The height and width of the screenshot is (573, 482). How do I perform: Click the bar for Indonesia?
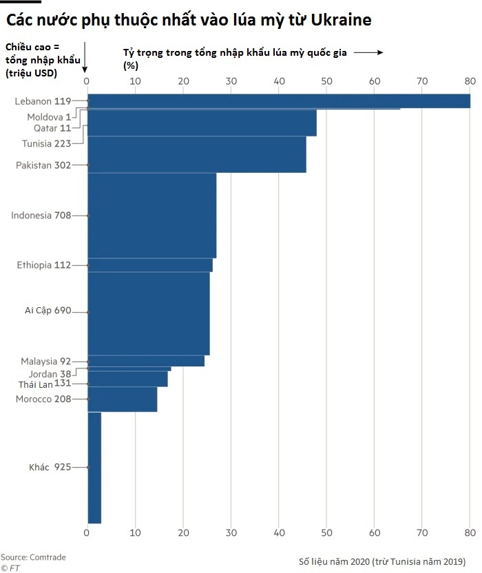[x=151, y=215]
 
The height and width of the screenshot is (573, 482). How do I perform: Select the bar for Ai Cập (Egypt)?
[x=149, y=313]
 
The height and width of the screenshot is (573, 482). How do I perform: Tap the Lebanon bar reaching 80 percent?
[x=279, y=101]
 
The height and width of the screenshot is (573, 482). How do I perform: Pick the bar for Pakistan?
[x=196, y=154]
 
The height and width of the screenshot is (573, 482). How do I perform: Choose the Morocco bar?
[x=123, y=399]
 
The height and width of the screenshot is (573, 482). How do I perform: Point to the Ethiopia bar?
[x=150, y=265]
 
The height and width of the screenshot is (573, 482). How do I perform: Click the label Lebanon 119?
[x=43, y=101]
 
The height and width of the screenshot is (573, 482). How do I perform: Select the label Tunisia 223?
[x=46, y=143]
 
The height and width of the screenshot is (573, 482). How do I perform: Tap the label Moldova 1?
[x=48, y=117]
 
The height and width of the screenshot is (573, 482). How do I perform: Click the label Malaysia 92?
[x=45, y=361]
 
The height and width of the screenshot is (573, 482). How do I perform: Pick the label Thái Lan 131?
[x=45, y=384]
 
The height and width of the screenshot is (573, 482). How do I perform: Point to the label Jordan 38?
[x=50, y=373]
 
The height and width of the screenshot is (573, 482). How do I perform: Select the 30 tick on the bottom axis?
[x=231, y=532]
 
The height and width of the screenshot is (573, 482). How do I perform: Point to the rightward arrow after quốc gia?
[x=368, y=52]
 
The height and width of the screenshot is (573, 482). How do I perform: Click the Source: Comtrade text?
[x=33, y=556]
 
